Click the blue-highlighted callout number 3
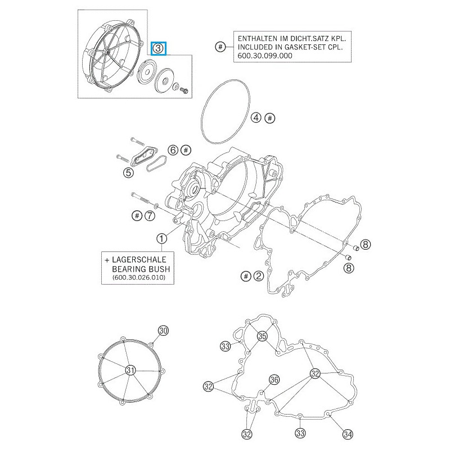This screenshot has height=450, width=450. (159, 48)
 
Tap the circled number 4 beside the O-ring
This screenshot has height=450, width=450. (256, 118)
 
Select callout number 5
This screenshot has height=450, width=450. (129, 173)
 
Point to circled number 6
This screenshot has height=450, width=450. (173, 150)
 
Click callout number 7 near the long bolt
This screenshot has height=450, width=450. (149, 215)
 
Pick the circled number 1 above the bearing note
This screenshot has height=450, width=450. (162, 238)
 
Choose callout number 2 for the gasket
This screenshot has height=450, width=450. (258, 276)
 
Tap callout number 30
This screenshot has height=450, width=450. (163, 331)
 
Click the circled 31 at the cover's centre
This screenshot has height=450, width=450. (130, 370)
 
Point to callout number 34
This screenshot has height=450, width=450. (348, 434)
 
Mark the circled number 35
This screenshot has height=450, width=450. (262, 336)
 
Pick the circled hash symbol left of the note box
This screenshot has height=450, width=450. (220, 47)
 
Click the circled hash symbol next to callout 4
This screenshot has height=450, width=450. (270, 118)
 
